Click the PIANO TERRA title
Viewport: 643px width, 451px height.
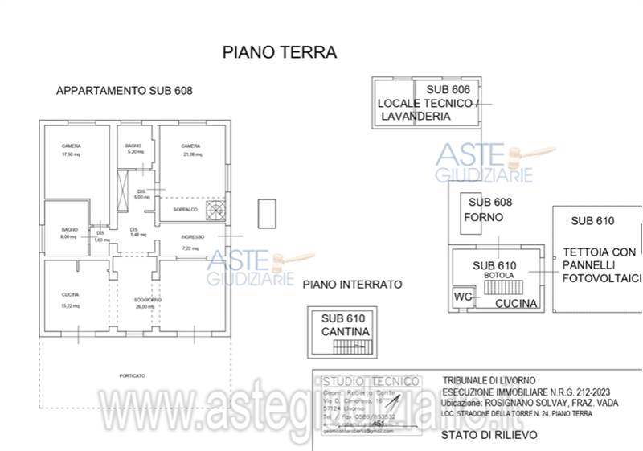click(x=279, y=53)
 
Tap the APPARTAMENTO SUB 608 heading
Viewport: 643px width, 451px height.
click(x=125, y=92)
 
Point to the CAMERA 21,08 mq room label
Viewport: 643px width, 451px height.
click(x=190, y=150)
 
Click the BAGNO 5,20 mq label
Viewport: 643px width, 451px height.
click(x=133, y=149)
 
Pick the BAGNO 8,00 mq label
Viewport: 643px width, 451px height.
click(x=69, y=234)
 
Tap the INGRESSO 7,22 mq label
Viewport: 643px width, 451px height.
click(x=191, y=242)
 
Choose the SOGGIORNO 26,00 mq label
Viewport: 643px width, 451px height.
click(x=149, y=303)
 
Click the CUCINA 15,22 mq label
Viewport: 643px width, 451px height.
click(x=71, y=300)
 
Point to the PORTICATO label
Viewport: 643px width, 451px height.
click(x=132, y=375)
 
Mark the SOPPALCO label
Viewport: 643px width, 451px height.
click(x=185, y=209)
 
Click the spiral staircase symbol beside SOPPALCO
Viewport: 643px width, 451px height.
click(x=216, y=210)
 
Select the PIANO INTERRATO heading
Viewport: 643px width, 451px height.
click(x=352, y=285)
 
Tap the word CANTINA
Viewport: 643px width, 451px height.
click(x=346, y=331)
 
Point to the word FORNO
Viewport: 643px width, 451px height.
click(x=484, y=217)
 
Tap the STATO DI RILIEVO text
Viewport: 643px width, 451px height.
click(x=489, y=434)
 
